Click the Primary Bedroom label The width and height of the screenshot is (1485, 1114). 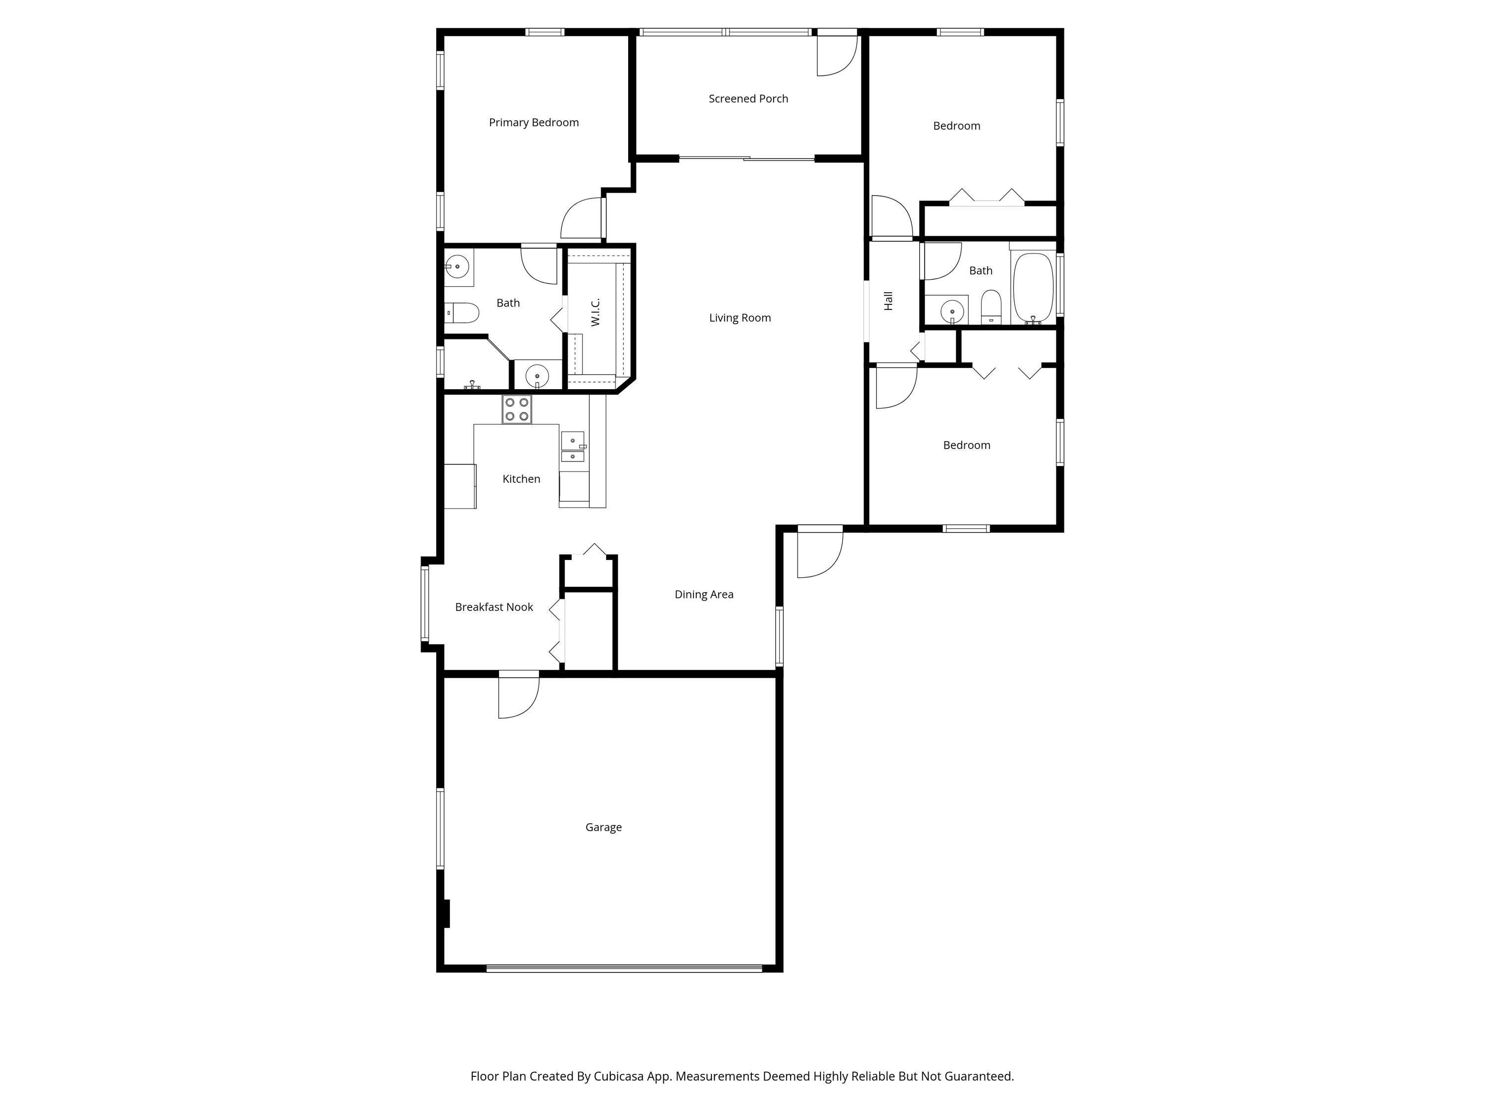pos(534,122)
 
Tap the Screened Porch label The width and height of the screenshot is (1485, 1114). pos(748,99)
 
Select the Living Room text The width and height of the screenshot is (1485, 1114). pos(740,318)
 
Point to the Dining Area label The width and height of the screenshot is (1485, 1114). pos(703,594)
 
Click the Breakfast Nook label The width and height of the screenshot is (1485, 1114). pos(494,607)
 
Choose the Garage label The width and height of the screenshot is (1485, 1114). pos(603,827)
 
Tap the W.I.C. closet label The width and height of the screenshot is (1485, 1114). pos(595,313)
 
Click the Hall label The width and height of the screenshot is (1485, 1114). pos(888,301)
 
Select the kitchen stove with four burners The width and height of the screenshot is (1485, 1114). pos(517,409)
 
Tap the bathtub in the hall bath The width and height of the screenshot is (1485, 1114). pos(1033,287)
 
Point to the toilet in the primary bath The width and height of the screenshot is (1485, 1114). pos(462,313)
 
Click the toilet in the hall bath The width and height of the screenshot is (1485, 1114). pos(991,307)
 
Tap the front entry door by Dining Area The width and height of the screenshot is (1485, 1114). pos(819,553)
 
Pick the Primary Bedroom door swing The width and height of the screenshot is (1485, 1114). pos(582,219)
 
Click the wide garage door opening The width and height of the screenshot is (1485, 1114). pos(624,968)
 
